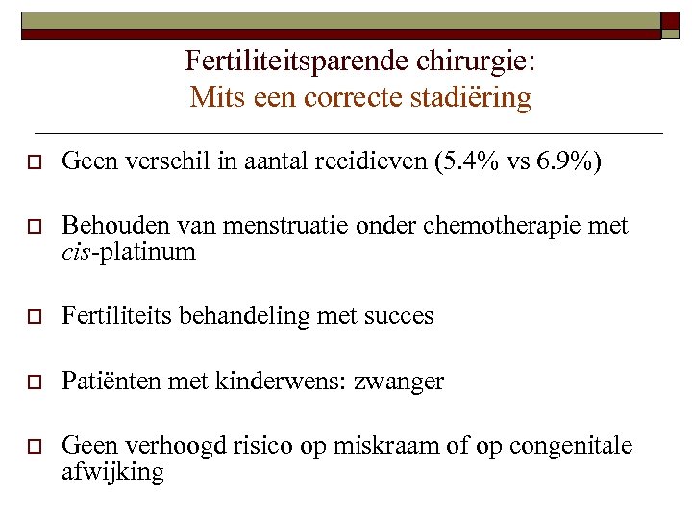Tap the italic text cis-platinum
point(128,252)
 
